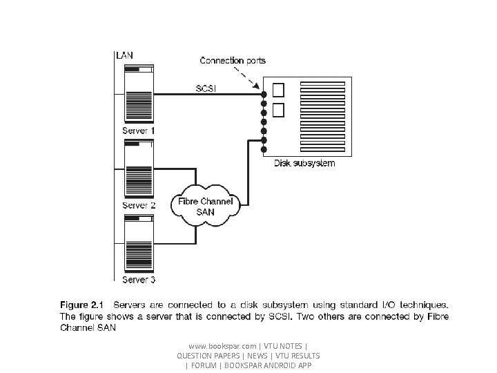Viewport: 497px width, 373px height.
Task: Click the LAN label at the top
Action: (x=126, y=55)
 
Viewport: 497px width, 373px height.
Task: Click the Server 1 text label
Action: (x=139, y=131)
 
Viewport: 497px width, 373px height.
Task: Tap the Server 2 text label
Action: (x=139, y=205)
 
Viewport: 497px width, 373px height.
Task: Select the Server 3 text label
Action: (x=139, y=280)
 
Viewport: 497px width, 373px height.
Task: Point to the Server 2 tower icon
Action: (x=139, y=170)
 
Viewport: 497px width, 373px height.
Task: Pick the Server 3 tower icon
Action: (x=139, y=245)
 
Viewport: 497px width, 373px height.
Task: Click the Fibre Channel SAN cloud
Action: (x=206, y=207)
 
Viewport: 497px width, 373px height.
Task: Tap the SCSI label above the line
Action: (x=207, y=88)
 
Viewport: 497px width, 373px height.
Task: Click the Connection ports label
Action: (x=233, y=61)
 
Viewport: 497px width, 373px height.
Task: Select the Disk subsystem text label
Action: (x=304, y=164)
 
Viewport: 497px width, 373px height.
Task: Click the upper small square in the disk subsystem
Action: (x=278, y=90)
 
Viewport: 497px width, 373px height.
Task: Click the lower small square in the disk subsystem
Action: (x=278, y=110)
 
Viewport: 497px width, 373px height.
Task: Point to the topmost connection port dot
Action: (x=264, y=93)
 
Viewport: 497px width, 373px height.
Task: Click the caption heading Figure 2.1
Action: (x=81, y=304)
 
